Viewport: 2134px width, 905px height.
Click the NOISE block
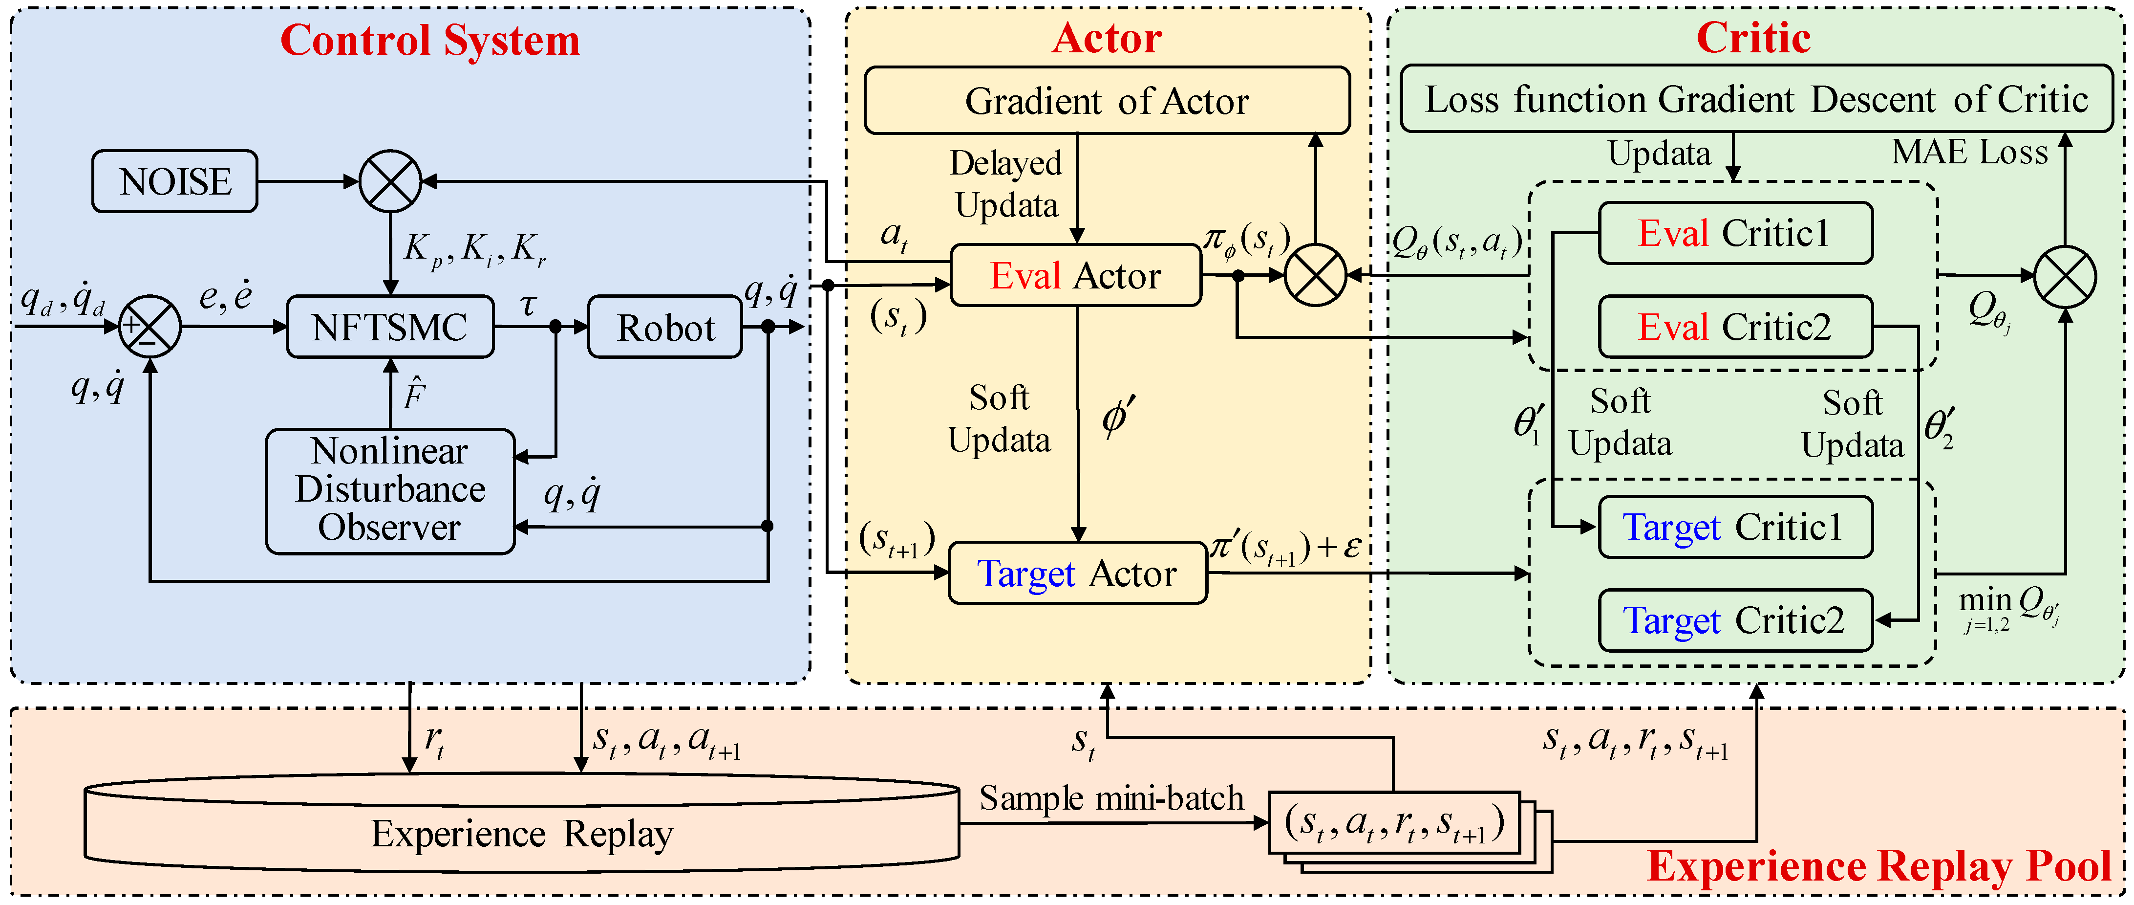point(175,181)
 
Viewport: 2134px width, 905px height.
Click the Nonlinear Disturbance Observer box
point(389,490)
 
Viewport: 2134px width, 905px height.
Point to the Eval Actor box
point(1075,276)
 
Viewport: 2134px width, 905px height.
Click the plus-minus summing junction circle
point(150,327)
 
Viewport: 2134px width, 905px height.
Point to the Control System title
point(430,40)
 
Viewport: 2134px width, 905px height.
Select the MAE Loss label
point(1969,153)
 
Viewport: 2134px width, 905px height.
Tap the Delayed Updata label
point(1006,184)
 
